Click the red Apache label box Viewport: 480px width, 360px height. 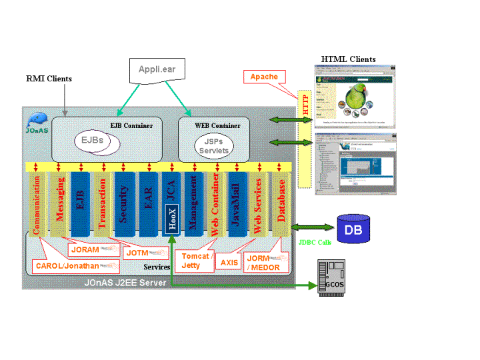tap(264, 77)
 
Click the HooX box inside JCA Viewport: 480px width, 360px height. tap(171, 221)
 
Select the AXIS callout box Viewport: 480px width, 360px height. tap(229, 263)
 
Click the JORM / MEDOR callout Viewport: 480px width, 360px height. tap(267, 263)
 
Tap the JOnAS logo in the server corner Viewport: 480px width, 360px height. tap(37, 123)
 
